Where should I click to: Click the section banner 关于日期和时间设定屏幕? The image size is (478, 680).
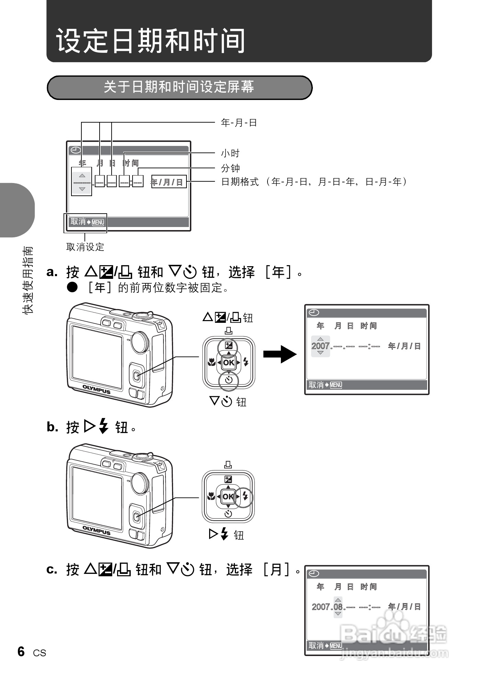(x=179, y=87)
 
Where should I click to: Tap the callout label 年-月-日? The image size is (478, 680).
(x=239, y=123)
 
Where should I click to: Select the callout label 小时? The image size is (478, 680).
(x=230, y=153)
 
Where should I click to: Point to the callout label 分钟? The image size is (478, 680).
(x=230, y=168)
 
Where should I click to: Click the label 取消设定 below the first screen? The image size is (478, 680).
(x=85, y=247)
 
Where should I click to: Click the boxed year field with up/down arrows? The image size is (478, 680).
(x=81, y=182)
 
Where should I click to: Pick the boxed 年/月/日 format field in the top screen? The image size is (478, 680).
(x=169, y=182)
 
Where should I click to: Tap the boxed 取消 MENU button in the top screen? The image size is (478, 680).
(x=86, y=223)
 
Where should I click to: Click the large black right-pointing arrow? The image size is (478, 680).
(x=280, y=354)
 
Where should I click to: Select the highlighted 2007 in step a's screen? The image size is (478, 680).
(x=320, y=346)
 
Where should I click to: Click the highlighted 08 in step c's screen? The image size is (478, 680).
(x=338, y=607)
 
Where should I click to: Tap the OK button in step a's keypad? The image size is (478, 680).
(x=229, y=363)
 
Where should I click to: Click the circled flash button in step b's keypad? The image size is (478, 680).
(x=244, y=497)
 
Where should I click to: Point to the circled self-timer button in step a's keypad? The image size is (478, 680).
(x=229, y=380)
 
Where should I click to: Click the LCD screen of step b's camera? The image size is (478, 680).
(x=97, y=497)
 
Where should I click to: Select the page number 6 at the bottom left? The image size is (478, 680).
(x=21, y=651)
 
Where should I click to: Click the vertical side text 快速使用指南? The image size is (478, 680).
(x=27, y=280)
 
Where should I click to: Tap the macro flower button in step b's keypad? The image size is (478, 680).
(x=210, y=497)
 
